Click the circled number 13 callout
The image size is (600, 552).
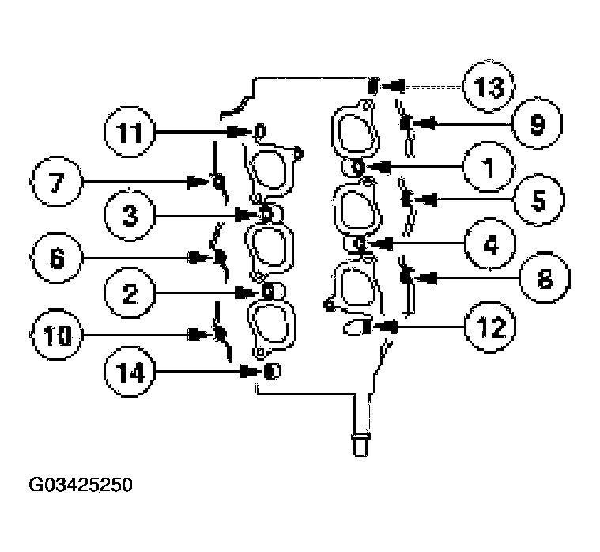[489, 86]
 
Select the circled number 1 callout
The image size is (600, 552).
[489, 167]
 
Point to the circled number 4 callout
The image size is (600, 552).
[489, 244]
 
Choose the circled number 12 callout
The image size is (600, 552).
[489, 325]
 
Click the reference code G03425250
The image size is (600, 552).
[80, 483]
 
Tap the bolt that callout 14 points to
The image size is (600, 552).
[270, 371]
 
